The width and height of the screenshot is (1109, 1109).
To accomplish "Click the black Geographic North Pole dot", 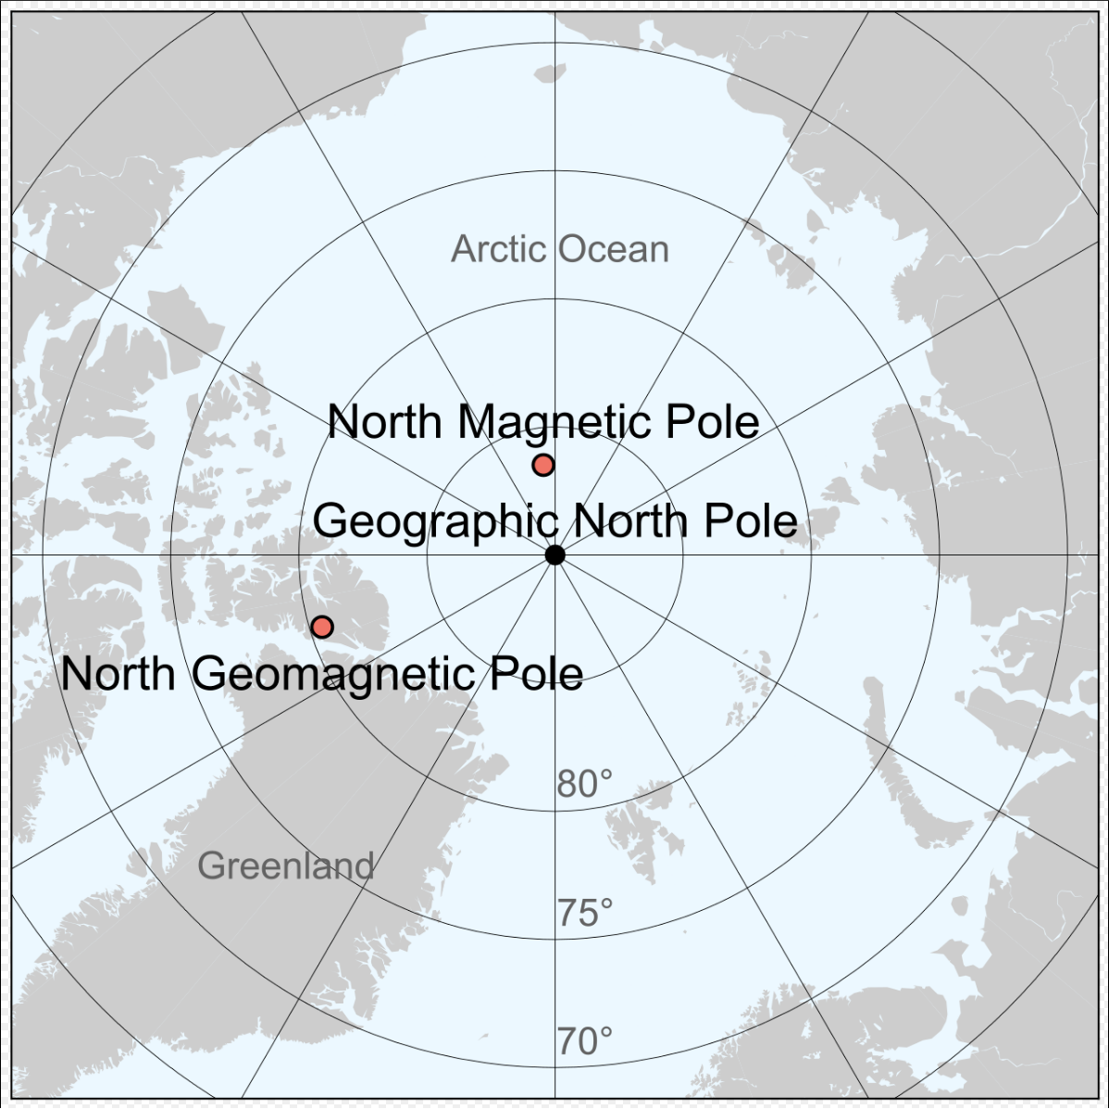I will (554, 554).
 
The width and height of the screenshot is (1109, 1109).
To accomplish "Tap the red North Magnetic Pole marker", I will (543, 465).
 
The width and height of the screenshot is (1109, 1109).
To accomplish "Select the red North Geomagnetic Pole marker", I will (322, 627).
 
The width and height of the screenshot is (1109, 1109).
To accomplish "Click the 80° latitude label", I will (584, 785).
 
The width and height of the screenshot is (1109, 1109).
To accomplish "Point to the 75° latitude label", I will (584, 914).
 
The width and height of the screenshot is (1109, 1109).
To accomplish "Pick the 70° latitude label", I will (584, 1042).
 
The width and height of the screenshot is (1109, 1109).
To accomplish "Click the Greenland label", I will (286, 866).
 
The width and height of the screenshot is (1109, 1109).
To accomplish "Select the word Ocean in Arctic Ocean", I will (614, 250).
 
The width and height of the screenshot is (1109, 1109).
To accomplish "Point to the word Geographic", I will (435, 522).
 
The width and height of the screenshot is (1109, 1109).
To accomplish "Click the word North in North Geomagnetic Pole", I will (118, 674).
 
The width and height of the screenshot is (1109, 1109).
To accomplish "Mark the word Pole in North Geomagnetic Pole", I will (536, 674).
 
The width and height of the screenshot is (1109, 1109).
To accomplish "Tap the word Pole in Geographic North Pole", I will (751, 521).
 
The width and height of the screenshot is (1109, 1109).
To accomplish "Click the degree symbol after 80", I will (605, 777).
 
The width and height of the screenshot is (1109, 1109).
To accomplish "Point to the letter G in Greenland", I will (210, 866).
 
